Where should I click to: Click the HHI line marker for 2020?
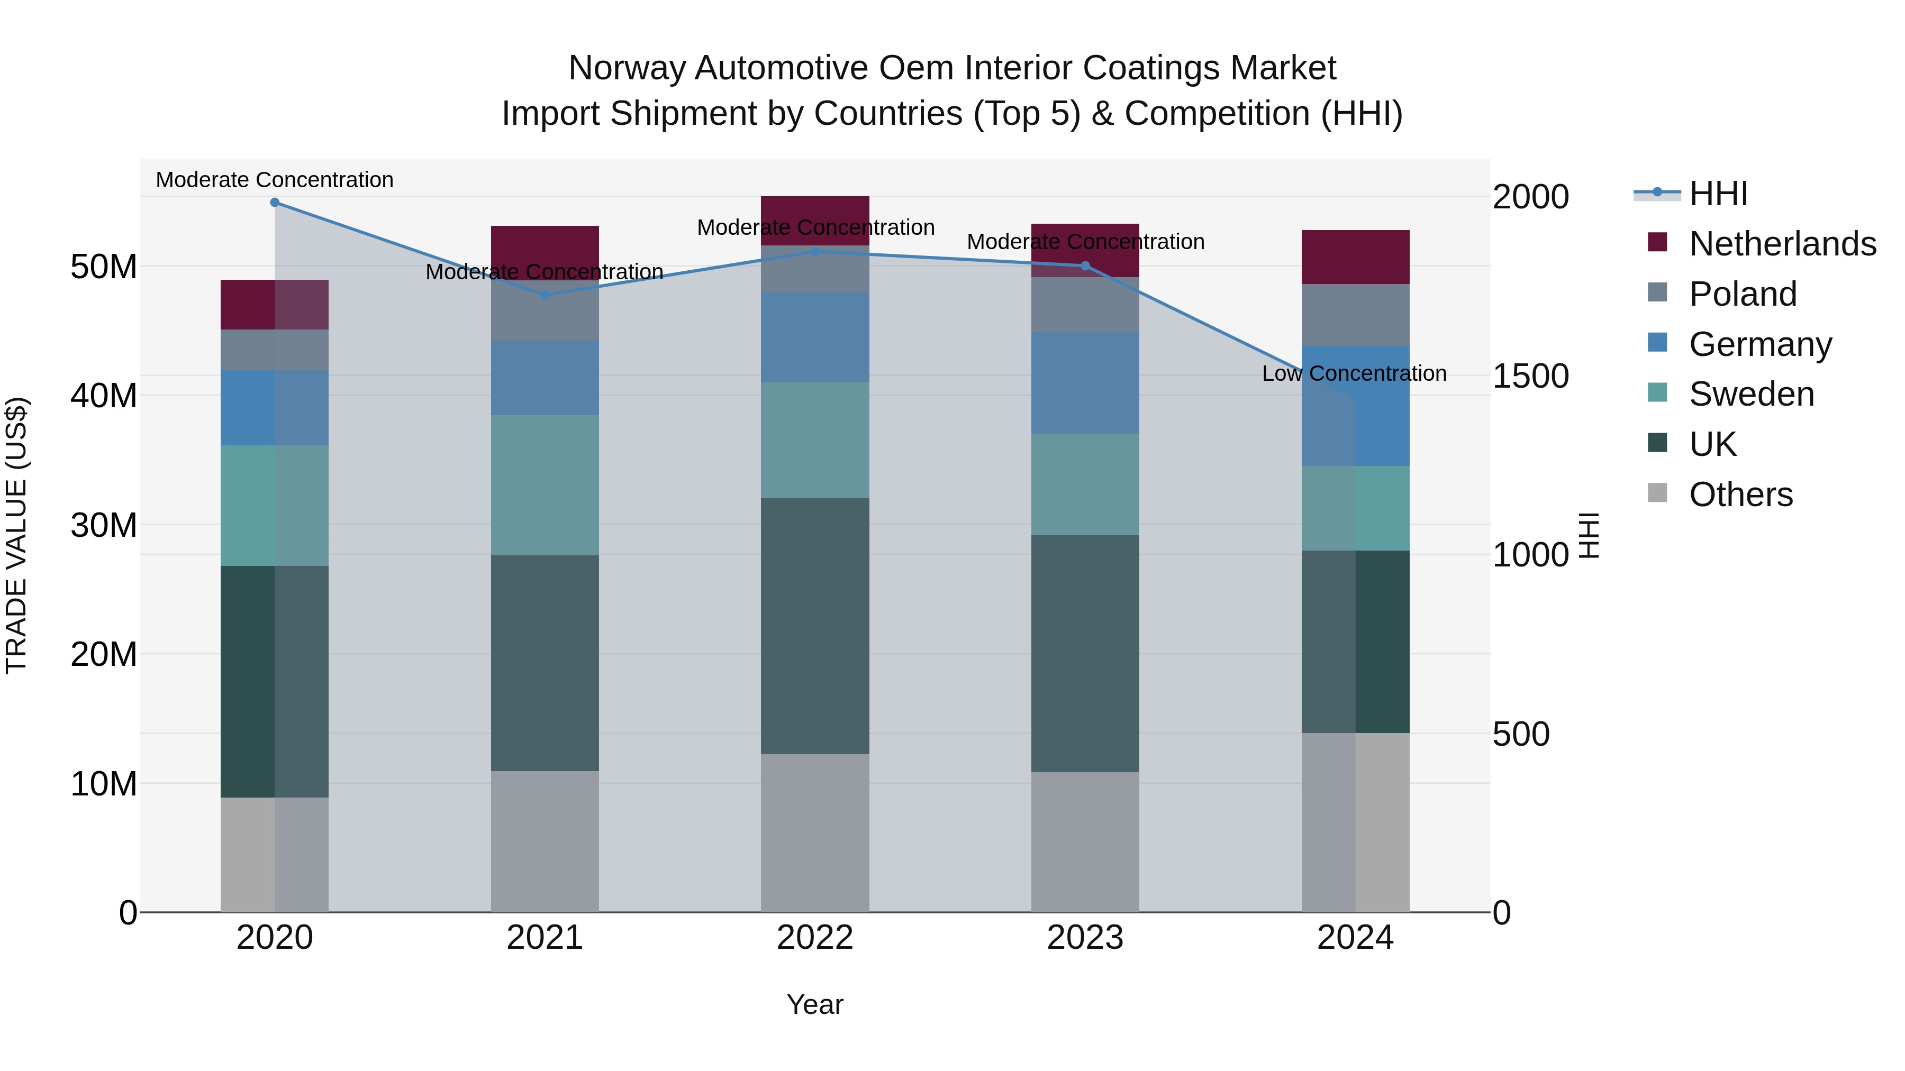coord(274,203)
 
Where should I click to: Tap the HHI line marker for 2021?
coord(545,295)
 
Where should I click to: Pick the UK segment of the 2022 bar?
coord(815,626)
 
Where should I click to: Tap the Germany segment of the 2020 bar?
coord(274,408)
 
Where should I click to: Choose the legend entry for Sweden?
coord(1751,394)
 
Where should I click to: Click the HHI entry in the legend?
coord(1718,194)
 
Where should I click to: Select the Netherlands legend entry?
coord(1782,244)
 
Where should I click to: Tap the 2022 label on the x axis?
coord(815,938)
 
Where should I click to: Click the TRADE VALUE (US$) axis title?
coord(16,535)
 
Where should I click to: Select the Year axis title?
coord(815,1004)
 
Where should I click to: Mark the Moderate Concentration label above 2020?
coord(274,180)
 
